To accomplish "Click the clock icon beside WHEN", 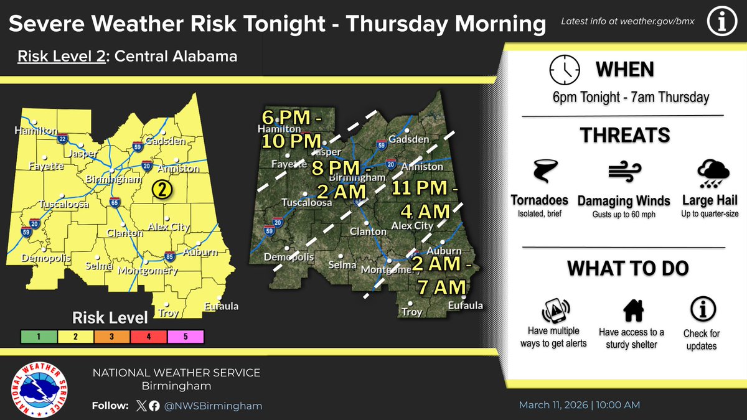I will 564,70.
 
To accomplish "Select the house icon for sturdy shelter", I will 632,309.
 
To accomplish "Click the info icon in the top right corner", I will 723,22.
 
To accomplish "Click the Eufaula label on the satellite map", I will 465,306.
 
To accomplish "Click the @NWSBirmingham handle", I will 212,406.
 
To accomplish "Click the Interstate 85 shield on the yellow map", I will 170,256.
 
